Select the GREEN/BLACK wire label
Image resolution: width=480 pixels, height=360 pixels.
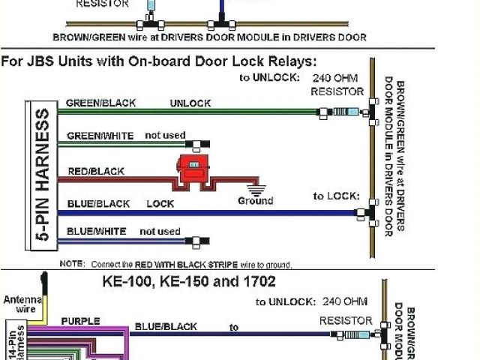tap(100, 103)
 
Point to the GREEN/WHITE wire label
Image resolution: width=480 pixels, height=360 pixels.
tap(100, 136)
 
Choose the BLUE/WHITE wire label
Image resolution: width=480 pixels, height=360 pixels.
tap(97, 231)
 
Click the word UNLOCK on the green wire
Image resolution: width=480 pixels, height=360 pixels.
tap(190, 103)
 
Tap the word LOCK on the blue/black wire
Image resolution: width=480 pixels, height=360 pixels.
tap(160, 203)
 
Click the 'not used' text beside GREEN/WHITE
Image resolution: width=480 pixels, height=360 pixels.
tap(165, 135)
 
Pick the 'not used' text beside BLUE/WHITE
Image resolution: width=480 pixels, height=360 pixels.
tap(160, 231)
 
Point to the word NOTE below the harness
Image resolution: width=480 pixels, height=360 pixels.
tap(72, 265)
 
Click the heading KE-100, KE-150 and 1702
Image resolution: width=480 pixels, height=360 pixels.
tap(188, 282)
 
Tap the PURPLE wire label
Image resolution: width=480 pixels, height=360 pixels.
tap(80, 321)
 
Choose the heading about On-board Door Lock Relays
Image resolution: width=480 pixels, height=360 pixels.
tap(159, 61)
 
